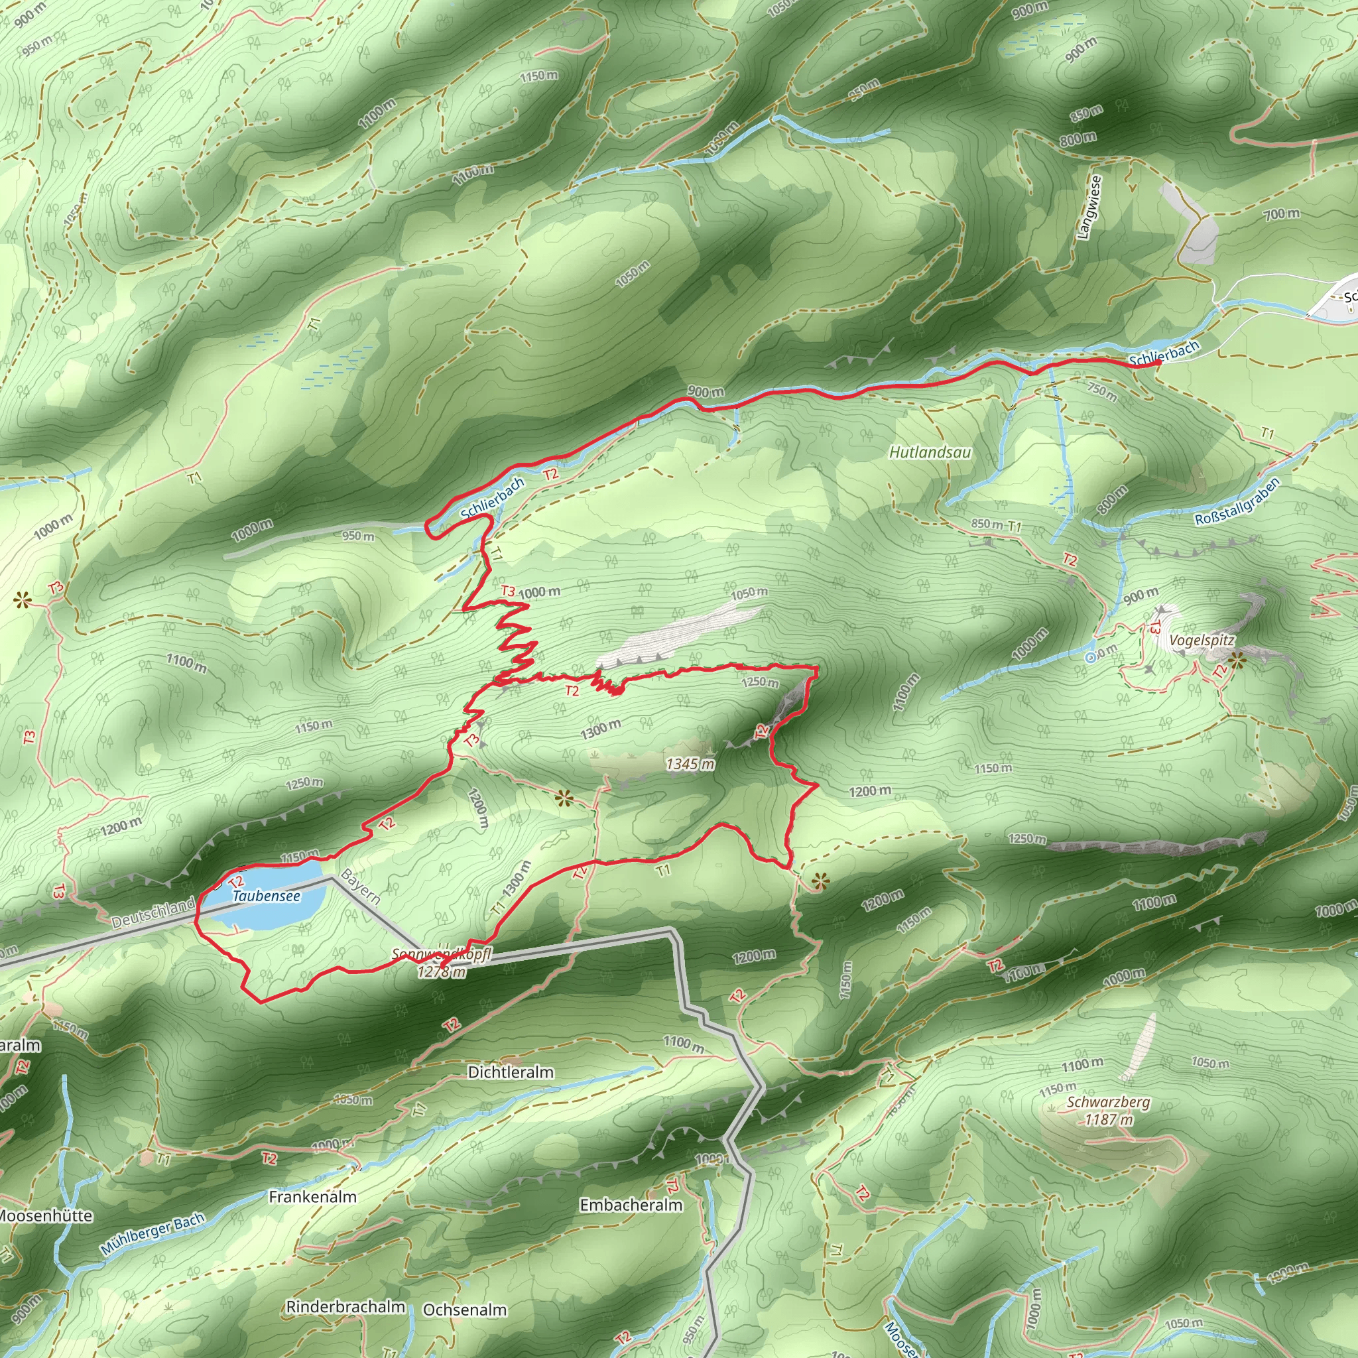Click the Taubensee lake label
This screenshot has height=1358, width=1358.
point(267,896)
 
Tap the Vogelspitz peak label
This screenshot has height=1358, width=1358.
point(1202,641)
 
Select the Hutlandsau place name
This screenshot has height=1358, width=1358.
point(930,452)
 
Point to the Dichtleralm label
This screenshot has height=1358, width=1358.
point(511,1072)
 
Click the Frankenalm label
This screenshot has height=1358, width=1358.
point(313,1196)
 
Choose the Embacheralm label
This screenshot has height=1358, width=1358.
point(631,1205)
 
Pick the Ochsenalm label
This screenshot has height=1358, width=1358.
point(465,1310)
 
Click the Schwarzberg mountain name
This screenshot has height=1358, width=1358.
point(1108,1102)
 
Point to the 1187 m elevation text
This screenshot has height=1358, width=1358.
point(1109,1120)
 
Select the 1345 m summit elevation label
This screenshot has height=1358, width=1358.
point(690,764)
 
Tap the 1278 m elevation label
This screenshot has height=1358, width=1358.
point(442,972)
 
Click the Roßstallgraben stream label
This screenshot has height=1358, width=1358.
point(1237,501)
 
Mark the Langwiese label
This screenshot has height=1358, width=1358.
point(1089,208)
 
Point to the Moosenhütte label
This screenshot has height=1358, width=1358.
point(46,1216)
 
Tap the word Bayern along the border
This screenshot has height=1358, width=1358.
point(361,887)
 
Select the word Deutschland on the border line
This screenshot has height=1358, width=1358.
point(153,912)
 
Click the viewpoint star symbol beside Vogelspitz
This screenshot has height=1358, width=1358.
point(1237,659)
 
